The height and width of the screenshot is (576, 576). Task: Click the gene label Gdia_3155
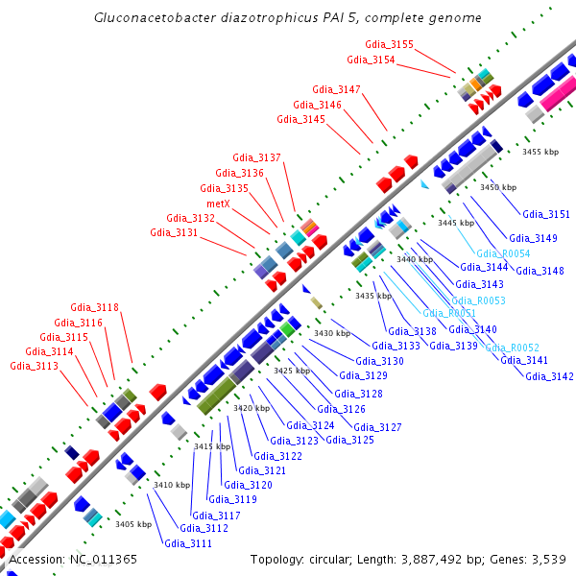[x=390, y=45]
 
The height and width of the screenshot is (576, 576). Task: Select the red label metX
[x=218, y=204]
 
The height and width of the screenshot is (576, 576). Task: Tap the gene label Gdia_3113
[x=49, y=366]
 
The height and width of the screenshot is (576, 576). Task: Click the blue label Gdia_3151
[x=545, y=214]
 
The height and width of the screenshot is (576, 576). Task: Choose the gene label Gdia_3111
[x=188, y=543]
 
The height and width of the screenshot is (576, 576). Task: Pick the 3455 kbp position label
[x=540, y=152]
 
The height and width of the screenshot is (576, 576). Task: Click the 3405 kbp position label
[x=133, y=524]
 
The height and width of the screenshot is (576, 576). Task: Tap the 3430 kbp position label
[x=332, y=333]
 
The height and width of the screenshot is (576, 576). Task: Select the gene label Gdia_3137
[x=257, y=157]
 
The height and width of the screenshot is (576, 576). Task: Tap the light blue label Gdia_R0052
[x=512, y=348]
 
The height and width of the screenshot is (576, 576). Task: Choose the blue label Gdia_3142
[x=549, y=376]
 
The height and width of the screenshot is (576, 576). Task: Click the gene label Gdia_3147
[x=336, y=89]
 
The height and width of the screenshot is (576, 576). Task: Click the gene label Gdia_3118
[x=94, y=307]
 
